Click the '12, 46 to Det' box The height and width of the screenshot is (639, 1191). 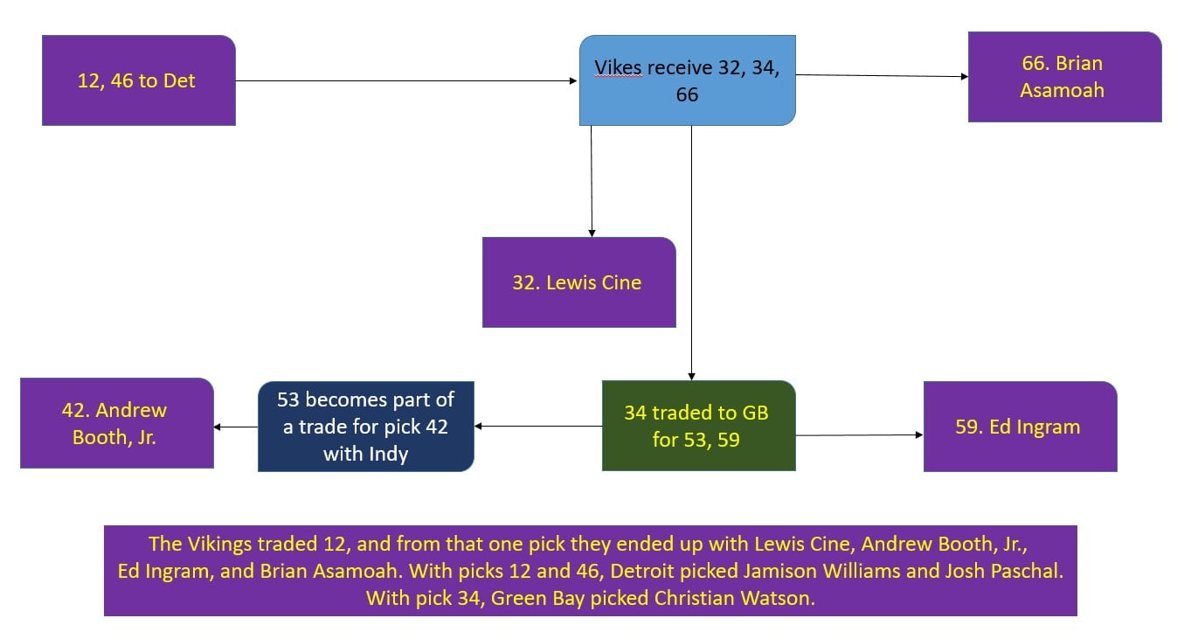[138, 80]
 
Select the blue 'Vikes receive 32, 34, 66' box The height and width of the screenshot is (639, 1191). [687, 80]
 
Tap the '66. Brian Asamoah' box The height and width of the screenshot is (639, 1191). [1064, 77]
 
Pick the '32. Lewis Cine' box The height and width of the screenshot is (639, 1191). [578, 282]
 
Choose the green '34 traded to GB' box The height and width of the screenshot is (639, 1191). [698, 426]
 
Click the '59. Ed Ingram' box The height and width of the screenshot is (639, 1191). [1020, 427]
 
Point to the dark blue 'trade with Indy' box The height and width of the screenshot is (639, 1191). [365, 427]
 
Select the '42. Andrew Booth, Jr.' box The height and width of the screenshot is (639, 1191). [116, 423]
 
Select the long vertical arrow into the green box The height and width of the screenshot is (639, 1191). [691, 253]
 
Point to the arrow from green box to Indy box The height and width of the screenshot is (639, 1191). [538, 427]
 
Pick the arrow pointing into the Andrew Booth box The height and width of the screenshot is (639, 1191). [236, 427]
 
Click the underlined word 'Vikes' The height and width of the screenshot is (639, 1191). [617, 68]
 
